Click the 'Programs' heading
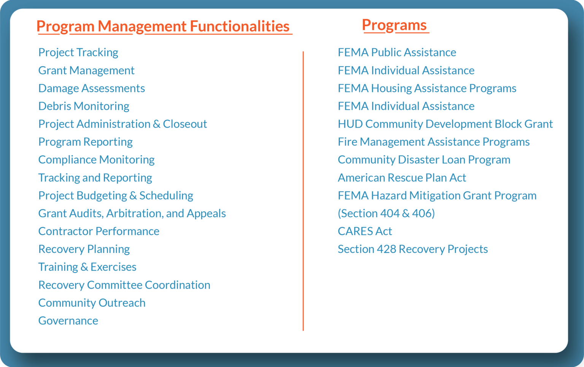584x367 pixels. (x=394, y=25)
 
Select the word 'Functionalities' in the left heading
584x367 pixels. (x=240, y=26)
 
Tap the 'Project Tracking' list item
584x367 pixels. (x=78, y=52)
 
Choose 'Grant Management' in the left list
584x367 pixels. (x=86, y=70)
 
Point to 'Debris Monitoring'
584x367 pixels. (x=84, y=106)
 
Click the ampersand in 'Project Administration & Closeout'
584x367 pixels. (x=157, y=124)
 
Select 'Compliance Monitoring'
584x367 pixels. (x=97, y=160)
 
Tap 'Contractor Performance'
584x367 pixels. (x=99, y=231)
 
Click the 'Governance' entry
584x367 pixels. (x=68, y=321)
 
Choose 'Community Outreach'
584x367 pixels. (x=92, y=303)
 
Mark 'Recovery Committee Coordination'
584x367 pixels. (x=124, y=285)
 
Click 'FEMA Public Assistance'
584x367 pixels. (x=397, y=52)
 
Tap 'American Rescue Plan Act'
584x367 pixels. (x=402, y=178)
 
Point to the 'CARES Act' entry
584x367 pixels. (x=365, y=231)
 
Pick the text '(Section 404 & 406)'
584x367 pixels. (x=386, y=214)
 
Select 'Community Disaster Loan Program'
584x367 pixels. (x=424, y=160)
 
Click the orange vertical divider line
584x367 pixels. (x=303, y=190)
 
